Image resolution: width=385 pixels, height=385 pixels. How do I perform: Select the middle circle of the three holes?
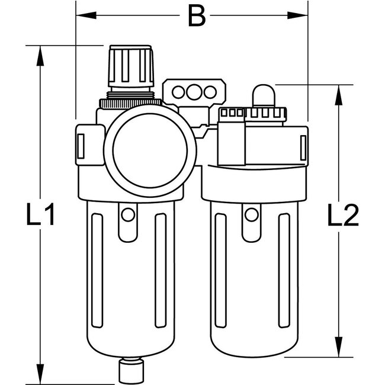click(192, 91)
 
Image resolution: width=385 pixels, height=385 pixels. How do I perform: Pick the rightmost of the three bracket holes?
click(207, 91)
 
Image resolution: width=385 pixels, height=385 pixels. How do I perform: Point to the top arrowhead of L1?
click(40, 53)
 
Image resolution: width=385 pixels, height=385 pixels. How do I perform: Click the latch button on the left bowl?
click(126, 218)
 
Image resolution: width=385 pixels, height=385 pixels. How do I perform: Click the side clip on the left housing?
click(80, 145)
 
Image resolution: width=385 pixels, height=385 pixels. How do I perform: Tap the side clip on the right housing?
click(303, 146)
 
